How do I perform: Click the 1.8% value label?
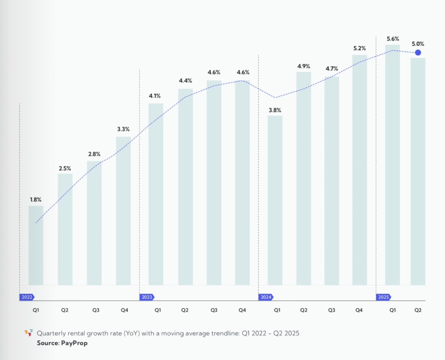click(36, 200)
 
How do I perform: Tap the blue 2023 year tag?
click(146, 297)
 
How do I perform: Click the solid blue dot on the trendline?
click(418, 53)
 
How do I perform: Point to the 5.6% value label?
click(393, 39)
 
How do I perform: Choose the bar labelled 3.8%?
click(275, 200)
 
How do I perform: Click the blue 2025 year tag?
click(383, 297)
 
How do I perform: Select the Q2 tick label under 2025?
click(418, 310)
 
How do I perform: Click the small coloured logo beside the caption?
click(28, 333)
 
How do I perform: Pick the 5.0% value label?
click(418, 44)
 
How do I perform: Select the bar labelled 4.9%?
click(304, 178)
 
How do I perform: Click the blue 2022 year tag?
click(27, 297)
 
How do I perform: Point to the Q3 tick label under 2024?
click(332, 310)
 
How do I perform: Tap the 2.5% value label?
click(65, 168)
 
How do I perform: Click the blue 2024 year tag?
click(266, 297)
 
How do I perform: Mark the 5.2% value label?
click(360, 48)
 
